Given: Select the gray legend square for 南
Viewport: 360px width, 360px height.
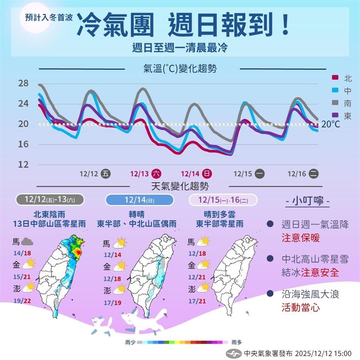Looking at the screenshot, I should tap(335, 103).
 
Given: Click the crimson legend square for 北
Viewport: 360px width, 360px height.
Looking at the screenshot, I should tap(335, 78).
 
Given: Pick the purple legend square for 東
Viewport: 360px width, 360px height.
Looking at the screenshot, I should tap(335, 116).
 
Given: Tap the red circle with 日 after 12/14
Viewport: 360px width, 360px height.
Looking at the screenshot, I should tap(208, 173).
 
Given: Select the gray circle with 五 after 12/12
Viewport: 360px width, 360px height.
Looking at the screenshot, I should tap(105, 173).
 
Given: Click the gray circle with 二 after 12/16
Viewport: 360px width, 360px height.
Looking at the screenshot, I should tap(314, 173).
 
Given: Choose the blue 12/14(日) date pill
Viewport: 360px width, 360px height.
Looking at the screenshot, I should tap(140, 200).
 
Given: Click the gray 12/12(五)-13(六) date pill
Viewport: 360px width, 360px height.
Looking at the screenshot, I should tap(50, 200).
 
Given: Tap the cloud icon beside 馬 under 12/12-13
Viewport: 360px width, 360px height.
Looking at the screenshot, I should tap(27, 242).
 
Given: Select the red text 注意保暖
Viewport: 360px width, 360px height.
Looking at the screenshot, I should tap(301, 238).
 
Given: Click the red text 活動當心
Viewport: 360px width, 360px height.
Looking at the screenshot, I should tap(301, 307).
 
